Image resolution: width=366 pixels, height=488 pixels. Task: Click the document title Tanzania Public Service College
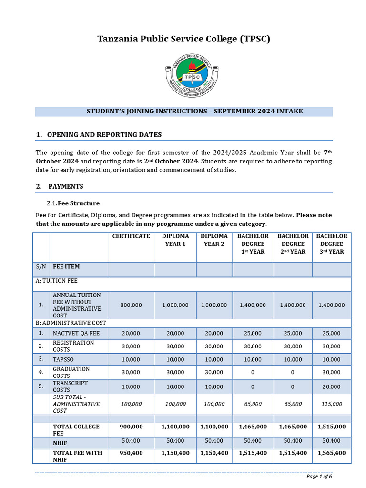point(183,39)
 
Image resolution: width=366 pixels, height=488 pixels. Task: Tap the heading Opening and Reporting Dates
point(104,135)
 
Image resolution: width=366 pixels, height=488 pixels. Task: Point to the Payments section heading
point(66,186)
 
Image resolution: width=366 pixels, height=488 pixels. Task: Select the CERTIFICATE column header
point(131,236)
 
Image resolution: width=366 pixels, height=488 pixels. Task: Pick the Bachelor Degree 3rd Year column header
point(332,244)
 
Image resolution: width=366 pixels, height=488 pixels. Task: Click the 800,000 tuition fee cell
point(131,305)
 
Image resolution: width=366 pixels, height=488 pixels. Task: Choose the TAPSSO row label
point(63,359)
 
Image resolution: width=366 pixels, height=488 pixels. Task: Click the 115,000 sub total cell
point(332,404)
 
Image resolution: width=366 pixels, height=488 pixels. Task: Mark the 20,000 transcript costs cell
point(332,386)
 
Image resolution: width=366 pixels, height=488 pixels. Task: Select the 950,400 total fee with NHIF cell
point(131,453)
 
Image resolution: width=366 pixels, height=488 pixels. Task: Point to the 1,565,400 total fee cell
point(332,453)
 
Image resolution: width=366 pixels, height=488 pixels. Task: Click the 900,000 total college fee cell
point(131,427)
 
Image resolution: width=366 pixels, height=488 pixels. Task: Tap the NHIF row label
point(60,443)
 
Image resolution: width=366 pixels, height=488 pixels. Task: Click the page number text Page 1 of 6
point(319,476)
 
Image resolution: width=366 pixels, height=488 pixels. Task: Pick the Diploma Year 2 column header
point(214,240)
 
